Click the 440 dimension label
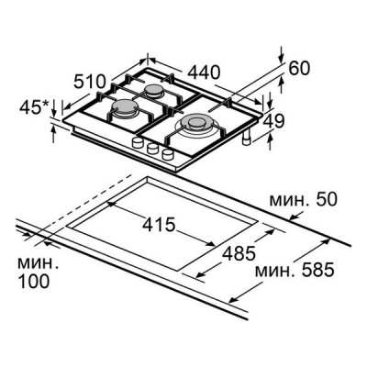coord(204,72)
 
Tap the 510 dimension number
coord(90,82)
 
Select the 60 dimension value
coord(299,69)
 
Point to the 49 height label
coord(274,121)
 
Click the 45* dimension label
coord(34,107)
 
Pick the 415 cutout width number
coord(159,225)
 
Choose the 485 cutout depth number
coord(239,253)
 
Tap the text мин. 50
coord(303,199)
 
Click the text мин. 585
coord(295,271)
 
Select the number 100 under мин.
coord(34,281)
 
